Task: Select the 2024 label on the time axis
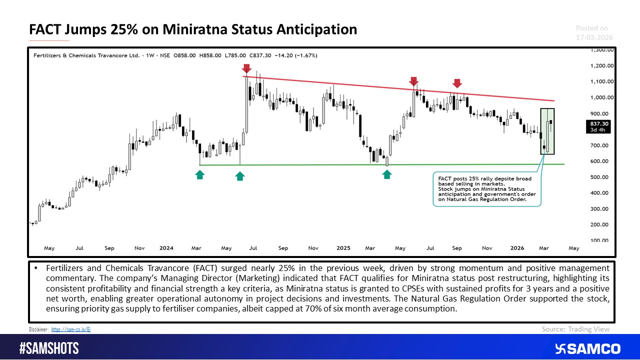(166, 247)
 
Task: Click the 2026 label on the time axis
(517, 247)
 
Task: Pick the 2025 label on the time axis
(343, 247)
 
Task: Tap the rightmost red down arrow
(457, 83)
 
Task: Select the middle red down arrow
(413, 81)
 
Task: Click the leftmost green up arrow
(199, 174)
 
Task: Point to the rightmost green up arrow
(387, 174)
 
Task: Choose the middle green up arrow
(240, 175)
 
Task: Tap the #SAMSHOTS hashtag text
(49, 348)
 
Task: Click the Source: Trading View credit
(575, 328)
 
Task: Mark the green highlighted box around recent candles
(547, 131)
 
